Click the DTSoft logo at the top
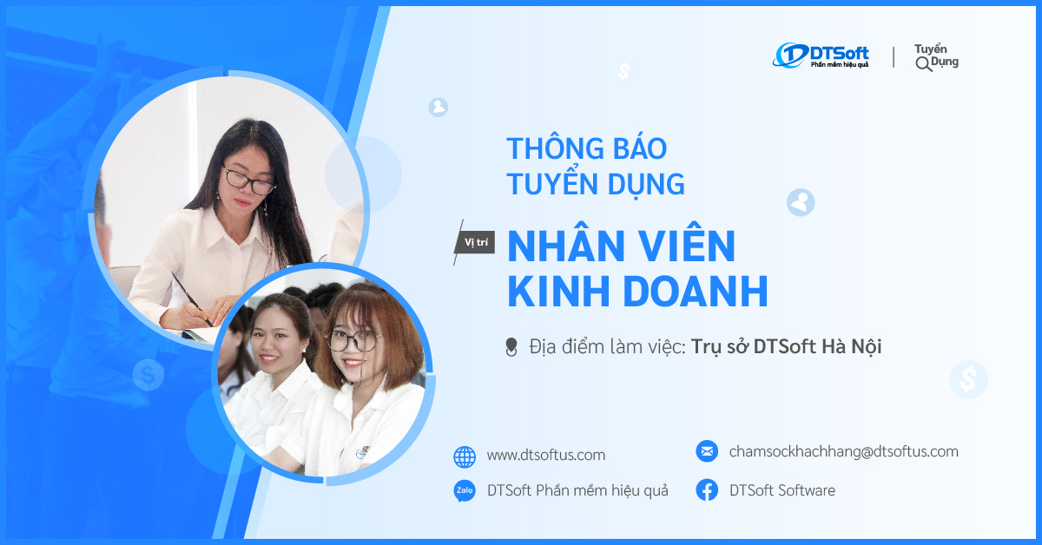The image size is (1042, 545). coord(821,55)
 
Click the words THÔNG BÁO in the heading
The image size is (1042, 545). coord(586,148)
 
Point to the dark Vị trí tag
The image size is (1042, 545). coord(475,243)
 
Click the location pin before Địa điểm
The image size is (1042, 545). coord(511,347)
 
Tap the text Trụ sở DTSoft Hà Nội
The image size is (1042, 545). coord(786,346)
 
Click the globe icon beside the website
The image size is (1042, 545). coord(465,456)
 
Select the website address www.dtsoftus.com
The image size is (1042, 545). coord(545,455)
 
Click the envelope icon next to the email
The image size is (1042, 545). coord(707,451)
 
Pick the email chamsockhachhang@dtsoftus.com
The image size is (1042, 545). coord(843,451)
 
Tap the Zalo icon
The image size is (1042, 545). coord(465,491)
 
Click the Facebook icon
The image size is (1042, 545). coord(707,490)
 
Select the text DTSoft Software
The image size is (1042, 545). coord(781,490)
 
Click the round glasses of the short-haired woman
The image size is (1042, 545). coord(352,339)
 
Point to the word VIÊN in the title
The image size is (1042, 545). coord(682,247)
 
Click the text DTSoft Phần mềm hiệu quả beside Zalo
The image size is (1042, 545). coord(577,490)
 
